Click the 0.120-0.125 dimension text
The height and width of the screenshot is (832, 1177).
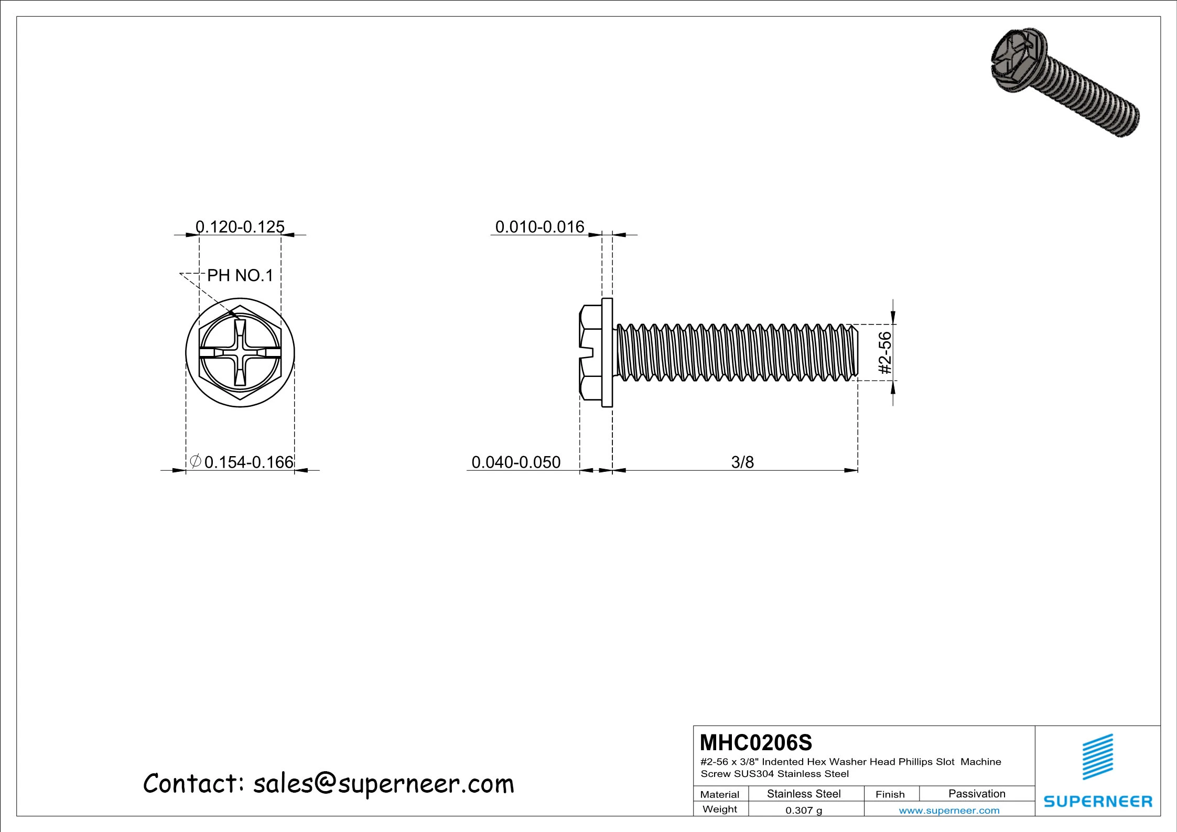point(240,227)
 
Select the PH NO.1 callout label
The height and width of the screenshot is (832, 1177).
point(240,275)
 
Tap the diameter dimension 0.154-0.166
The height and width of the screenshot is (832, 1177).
point(248,462)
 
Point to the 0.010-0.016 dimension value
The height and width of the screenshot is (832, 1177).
point(539,227)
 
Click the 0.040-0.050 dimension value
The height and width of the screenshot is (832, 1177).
point(516,462)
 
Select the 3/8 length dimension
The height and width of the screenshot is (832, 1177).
point(742,462)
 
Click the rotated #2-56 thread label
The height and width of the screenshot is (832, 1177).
point(885,352)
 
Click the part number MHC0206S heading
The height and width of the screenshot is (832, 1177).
point(755,742)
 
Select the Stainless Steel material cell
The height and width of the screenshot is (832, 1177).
point(804,794)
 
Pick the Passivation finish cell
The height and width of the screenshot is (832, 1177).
point(977,794)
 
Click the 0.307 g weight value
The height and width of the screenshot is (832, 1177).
point(804,810)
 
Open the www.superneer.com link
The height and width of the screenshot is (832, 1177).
point(949,811)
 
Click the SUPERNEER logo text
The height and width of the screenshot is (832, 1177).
point(1098,801)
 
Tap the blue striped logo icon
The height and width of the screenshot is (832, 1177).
point(1098,757)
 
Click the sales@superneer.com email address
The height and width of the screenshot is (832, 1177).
point(384,784)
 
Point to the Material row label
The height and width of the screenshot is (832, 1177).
point(720,794)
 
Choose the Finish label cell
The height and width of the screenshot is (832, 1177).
point(890,794)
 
